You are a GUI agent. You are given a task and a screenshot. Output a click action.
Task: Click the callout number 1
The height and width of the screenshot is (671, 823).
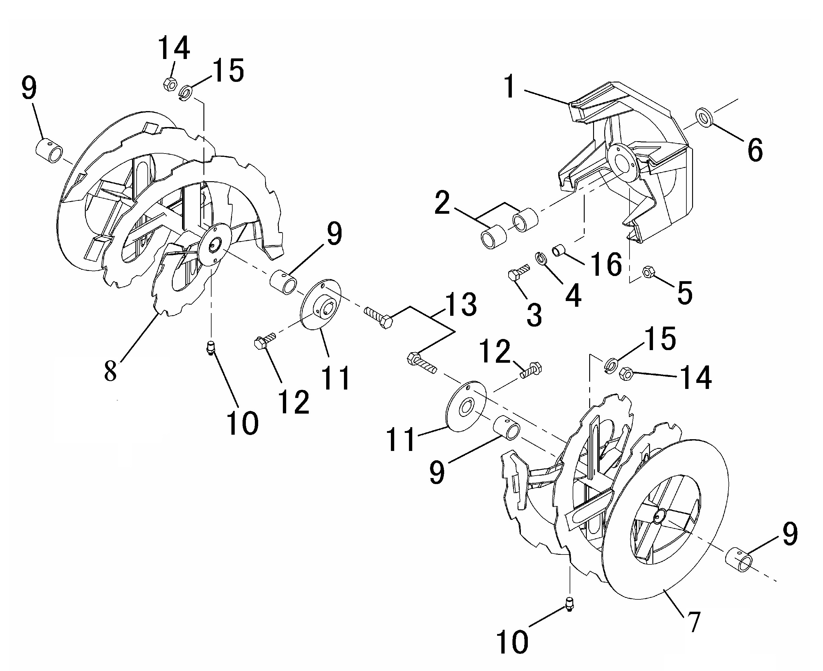pyautogui.click(x=510, y=87)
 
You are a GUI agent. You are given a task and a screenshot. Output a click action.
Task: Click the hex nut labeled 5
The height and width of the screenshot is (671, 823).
pyautogui.click(x=648, y=272)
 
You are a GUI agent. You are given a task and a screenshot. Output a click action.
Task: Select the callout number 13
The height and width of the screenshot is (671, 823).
pyautogui.click(x=461, y=305)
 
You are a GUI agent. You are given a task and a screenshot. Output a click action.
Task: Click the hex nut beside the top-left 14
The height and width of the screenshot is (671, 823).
pyautogui.click(x=170, y=83)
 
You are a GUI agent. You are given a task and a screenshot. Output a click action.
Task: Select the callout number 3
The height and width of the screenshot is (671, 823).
pyautogui.click(x=535, y=315)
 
